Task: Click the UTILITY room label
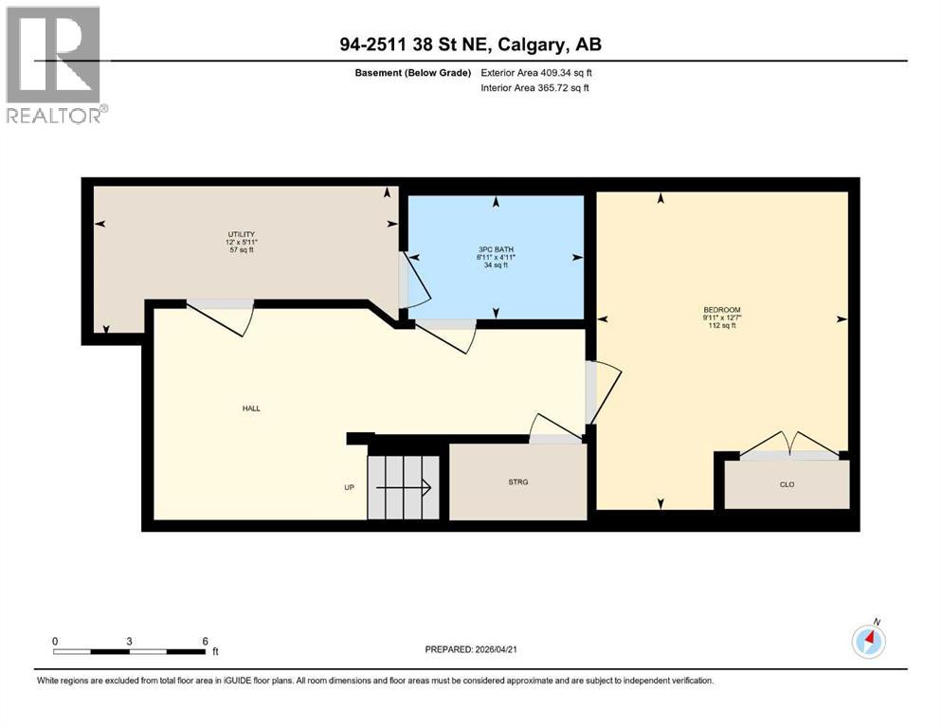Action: pos(241,234)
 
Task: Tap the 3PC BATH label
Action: pos(494,249)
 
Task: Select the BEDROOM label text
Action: pos(721,310)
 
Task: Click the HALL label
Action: pos(250,409)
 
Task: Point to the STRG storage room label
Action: pos(517,482)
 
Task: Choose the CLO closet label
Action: pos(787,484)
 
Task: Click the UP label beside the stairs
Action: pos(349,488)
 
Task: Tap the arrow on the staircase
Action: pos(406,488)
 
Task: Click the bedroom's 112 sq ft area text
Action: pos(721,326)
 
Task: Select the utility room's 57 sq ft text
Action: pos(241,250)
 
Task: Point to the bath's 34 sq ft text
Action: pos(494,265)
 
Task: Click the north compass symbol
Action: pos(869,642)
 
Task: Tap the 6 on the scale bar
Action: pos(205,641)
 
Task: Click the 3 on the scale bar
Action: pos(129,641)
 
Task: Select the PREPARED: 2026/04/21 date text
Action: pos(470,649)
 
